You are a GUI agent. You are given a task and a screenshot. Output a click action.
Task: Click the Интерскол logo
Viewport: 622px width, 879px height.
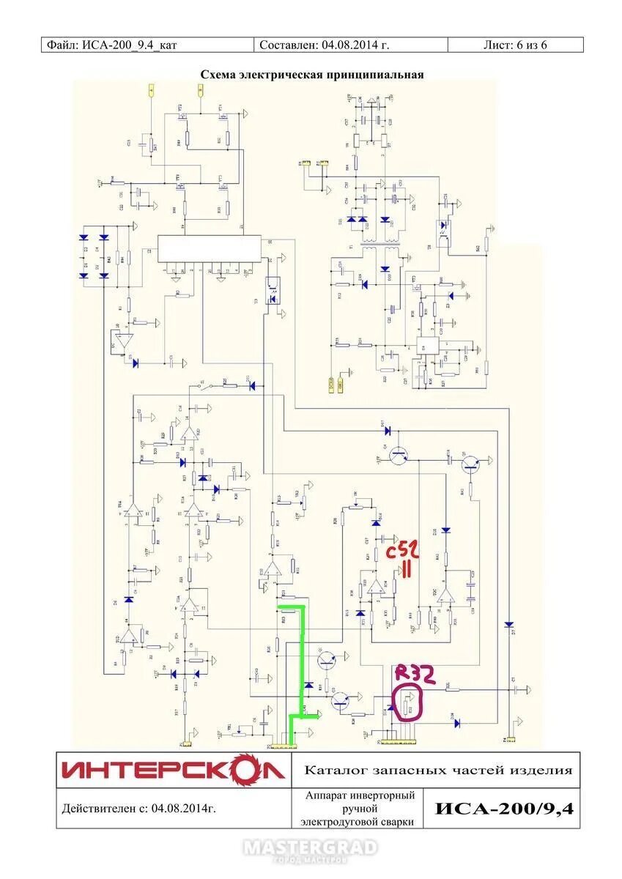[x=173, y=770]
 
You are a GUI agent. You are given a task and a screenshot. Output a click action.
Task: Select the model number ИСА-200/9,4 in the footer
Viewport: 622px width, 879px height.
[x=506, y=809]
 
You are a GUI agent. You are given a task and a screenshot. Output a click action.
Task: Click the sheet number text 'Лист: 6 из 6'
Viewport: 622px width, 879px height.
[x=515, y=45]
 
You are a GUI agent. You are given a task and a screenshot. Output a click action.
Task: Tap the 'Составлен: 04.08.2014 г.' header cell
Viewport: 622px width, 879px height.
[x=324, y=45]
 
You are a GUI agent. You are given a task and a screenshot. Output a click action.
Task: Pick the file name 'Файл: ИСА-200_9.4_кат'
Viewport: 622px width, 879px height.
[x=112, y=45]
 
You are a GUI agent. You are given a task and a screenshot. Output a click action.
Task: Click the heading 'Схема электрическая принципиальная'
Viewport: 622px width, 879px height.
[x=312, y=75]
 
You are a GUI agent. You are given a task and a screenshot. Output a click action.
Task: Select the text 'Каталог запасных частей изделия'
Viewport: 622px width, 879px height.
[x=437, y=770]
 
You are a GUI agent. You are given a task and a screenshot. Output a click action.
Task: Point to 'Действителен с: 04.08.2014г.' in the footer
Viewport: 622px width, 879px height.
[x=139, y=809]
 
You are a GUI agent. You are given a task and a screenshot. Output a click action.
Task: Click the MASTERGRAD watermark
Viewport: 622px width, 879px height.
[x=311, y=849]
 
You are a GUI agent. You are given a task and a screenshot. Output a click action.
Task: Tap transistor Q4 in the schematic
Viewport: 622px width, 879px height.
[x=399, y=455]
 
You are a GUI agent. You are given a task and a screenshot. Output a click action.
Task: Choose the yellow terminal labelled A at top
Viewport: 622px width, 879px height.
[x=151, y=90]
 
